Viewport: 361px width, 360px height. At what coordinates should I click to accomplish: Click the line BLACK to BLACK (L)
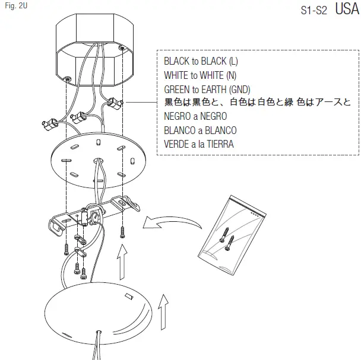tap(201, 61)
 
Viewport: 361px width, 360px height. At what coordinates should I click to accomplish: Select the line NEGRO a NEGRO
tap(195, 117)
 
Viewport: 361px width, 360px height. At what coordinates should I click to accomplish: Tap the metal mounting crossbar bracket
tap(95, 215)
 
